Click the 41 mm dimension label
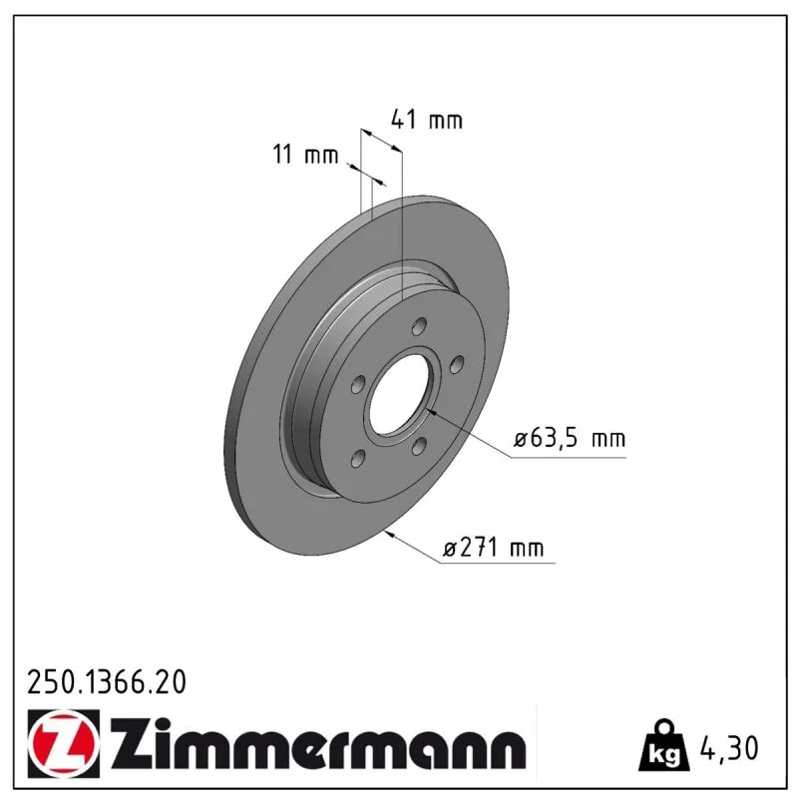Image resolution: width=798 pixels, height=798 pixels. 427,120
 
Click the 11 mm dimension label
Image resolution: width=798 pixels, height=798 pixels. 305,154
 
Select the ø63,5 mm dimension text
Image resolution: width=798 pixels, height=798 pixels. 570,438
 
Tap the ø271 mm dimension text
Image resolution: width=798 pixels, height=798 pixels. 493,548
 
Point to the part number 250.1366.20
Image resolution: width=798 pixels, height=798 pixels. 107,682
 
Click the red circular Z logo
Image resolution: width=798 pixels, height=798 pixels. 63,743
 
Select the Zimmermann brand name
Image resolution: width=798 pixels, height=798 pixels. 318,743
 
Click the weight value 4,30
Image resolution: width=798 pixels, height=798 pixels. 729,747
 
